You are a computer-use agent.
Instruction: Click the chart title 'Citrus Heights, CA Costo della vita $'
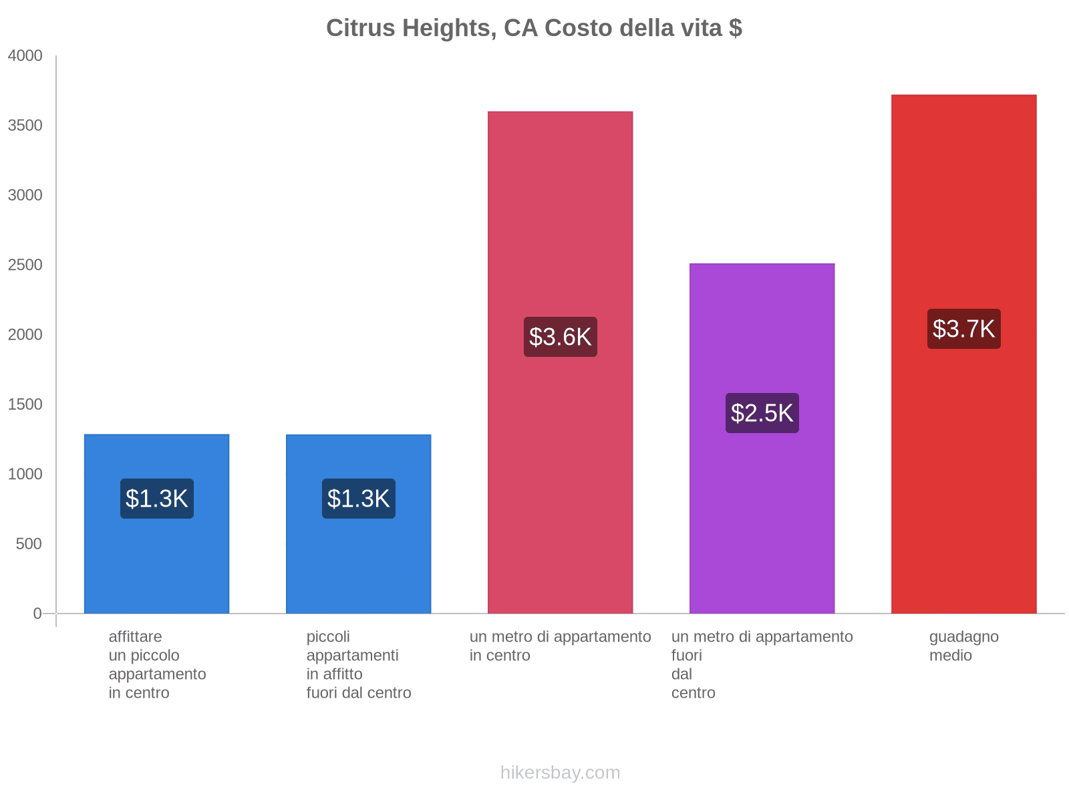click(534, 28)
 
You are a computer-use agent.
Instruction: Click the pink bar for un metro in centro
click(560, 468)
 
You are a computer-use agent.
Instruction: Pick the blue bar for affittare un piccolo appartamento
click(156, 561)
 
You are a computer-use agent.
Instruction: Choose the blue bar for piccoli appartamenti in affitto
click(358, 561)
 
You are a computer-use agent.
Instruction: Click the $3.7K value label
click(963, 329)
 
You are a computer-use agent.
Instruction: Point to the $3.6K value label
click(560, 337)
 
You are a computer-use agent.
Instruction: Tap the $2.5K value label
click(762, 413)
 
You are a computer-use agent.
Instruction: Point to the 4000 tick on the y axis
click(25, 56)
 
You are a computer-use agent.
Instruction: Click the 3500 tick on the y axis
click(25, 126)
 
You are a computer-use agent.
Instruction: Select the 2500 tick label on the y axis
click(25, 265)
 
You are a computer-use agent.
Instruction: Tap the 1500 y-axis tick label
click(25, 404)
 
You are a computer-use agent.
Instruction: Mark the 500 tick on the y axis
click(29, 544)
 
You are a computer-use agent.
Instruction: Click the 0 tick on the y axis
click(37, 614)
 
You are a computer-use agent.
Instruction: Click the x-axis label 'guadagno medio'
click(963, 646)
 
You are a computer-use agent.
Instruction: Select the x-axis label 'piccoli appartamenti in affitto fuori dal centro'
click(358, 664)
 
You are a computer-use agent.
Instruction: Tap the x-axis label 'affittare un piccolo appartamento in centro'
click(157, 664)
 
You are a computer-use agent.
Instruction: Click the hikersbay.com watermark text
click(560, 773)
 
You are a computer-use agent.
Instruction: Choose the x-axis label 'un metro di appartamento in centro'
click(560, 646)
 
